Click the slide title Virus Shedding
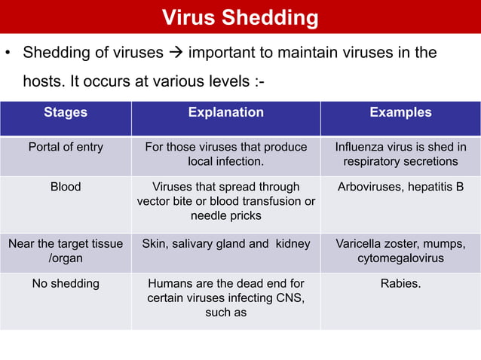pos(240,17)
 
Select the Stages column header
pos(66,112)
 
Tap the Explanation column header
pos(226,112)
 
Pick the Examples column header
pos(400,112)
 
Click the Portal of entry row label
pos(66,147)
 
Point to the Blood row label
pos(66,186)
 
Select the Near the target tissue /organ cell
pos(66,251)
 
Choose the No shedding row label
pos(66,284)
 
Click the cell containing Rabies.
pos(400,284)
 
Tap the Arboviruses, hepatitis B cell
pos(400,186)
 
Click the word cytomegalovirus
pos(400,258)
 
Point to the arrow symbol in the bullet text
pos(176,53)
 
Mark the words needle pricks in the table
pos(226,216)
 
